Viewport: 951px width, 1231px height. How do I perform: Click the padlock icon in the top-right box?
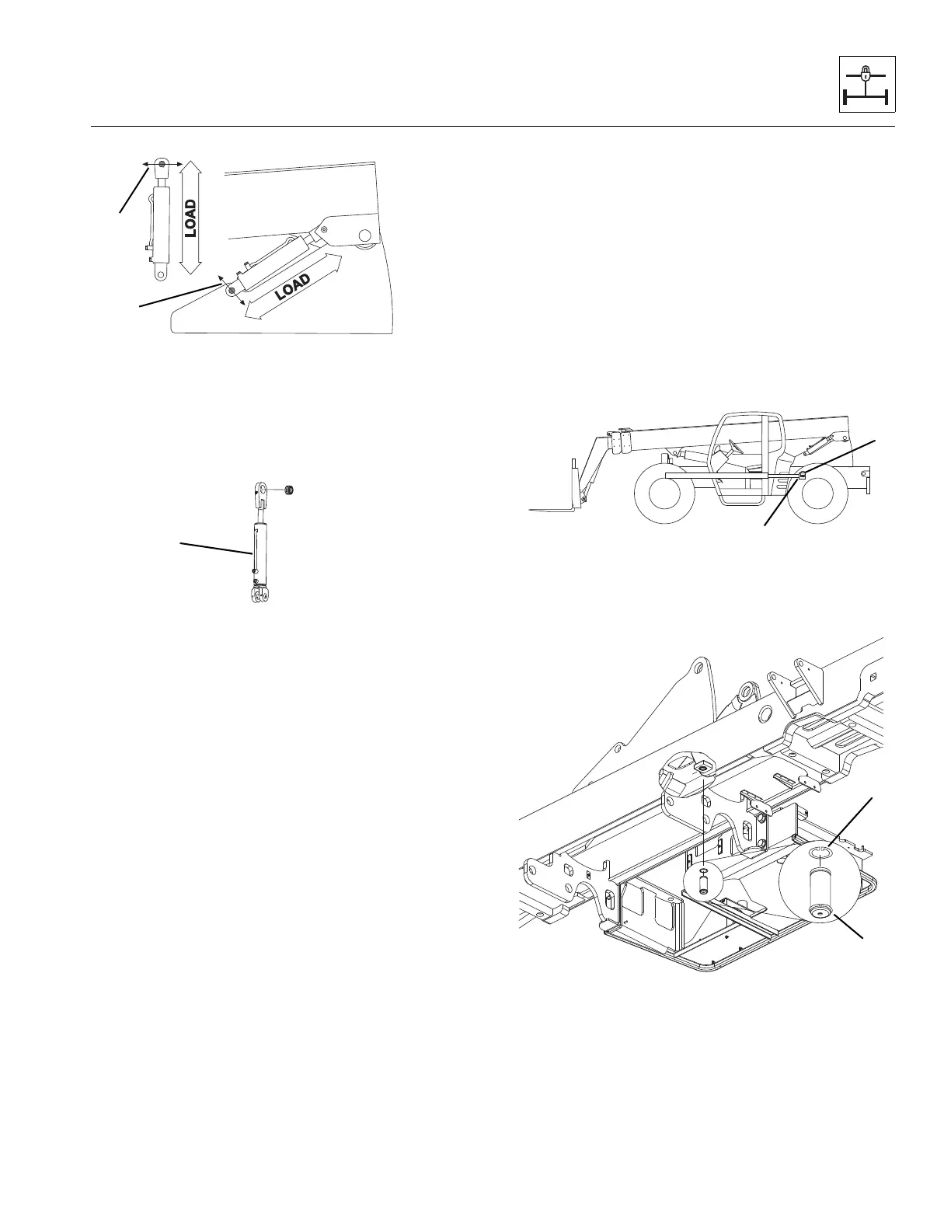tap(866, 75)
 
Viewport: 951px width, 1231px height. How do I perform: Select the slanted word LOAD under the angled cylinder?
tap(293, 287)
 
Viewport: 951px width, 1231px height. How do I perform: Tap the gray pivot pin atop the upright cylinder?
tap(162, 164)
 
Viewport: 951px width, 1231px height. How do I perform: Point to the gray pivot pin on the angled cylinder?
tap(232, 290)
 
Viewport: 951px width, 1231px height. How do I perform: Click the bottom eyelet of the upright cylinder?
tap(162, 274)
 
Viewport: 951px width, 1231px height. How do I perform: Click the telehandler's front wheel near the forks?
tap(665, 494)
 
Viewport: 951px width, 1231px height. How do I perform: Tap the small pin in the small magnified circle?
tap(704, 883)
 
